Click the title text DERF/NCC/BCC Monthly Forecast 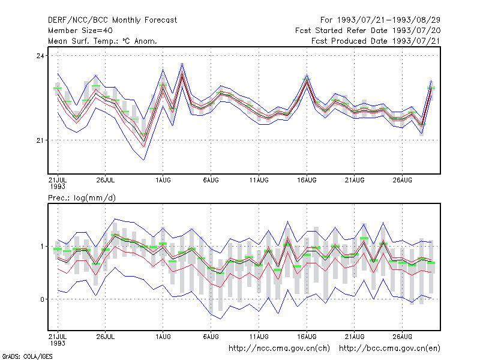112,20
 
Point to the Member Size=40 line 80,31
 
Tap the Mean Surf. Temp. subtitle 102,41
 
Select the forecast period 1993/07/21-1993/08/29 380,20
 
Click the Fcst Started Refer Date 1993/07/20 368,31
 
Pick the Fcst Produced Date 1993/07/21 376,41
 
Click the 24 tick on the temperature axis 40,56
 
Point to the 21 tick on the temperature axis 40,140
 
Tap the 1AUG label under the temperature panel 163,180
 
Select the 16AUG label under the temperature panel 307,180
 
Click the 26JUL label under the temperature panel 106,180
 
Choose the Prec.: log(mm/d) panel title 82,198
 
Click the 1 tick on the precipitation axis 42,247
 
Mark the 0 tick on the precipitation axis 42,299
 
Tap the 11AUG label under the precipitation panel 259,337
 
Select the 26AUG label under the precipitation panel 402,337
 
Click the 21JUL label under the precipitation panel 58,337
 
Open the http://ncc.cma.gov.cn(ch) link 279,349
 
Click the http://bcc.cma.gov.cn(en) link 389,349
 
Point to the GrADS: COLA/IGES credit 27,356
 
